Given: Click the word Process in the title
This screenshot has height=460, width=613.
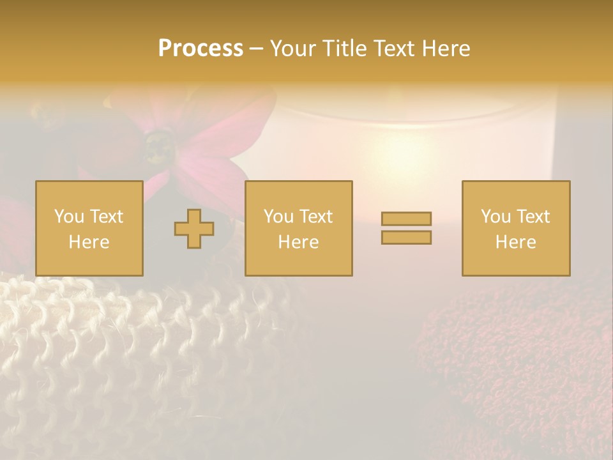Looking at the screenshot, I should [x=201, y=49].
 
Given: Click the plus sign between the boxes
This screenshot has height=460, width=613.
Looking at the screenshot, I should [x=194, y=229].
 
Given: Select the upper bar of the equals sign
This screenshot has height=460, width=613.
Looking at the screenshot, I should [x=406, y=218].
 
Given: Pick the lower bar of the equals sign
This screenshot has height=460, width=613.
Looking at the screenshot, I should [x=406, y=238].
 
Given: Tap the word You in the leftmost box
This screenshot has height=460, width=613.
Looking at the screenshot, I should [x=69, y=217].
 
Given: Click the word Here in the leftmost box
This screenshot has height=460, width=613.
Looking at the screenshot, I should [x=89, y=242].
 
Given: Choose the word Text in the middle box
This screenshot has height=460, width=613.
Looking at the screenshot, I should [x=316, y=217].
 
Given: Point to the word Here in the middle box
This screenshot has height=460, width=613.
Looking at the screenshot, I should [x=298, y=242].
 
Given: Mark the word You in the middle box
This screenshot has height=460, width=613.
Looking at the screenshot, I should [x=278, y=217].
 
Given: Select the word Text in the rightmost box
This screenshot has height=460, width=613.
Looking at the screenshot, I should [x=533, y=217].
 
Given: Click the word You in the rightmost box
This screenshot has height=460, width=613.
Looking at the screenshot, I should [x=496, y=217].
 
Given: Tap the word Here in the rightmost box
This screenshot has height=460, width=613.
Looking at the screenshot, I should [x=515, y=242].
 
